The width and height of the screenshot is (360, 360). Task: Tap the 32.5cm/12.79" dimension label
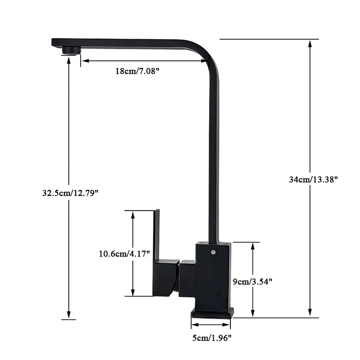click(x=70, y=193)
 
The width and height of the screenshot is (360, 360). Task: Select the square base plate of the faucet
click(x=212, y=313)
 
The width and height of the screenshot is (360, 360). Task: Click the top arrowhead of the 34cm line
click(x=310, y=43)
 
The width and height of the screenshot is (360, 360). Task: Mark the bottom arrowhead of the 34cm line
click(x=310, y=313)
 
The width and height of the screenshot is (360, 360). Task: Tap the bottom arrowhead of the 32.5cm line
click(x=68, y=315)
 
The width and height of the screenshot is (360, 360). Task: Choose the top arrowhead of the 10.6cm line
click(x=133, y=214)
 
